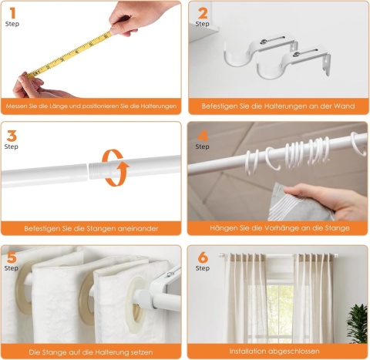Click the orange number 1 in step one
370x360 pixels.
click(x=13, y=13)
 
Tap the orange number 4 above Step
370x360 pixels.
click(x=203, y=136)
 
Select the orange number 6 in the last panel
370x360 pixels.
click(x=203, y=257)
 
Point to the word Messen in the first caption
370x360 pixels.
click(x=15, y=106)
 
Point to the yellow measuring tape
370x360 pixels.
click(x=69, y=54)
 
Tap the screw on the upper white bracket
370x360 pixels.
click(x=263, y=42)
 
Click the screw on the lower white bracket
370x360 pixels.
click(x=296, y=54)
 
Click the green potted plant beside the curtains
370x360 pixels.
click(x=357, y=324)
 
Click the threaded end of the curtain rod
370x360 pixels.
click(x=94, y=170)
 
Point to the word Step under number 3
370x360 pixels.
click(x=12, y=146)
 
